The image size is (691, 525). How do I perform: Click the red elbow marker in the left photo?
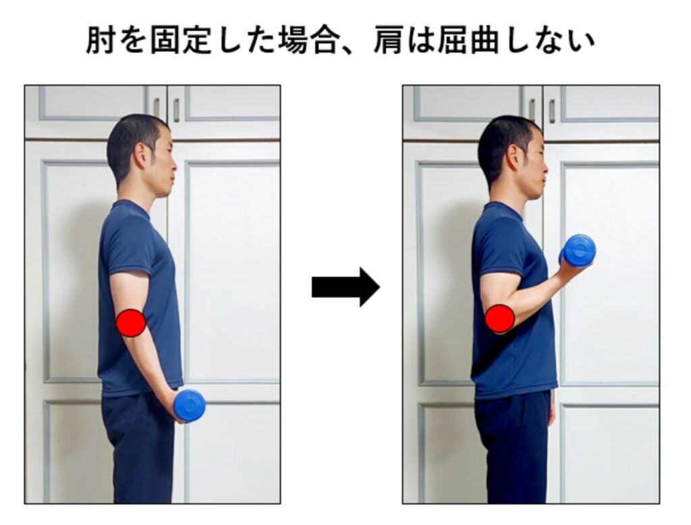[x=131, y=323]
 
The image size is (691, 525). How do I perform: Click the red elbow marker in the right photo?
[x=500, y=318]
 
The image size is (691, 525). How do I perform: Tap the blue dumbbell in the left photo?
[x=190, y=405]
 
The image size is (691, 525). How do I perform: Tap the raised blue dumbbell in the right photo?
[x=578, y=251]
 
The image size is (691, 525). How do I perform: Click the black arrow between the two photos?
[x=346, y=286]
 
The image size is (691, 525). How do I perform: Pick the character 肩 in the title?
[x=388, y=41]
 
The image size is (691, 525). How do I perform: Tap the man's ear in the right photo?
[x=513, y=155]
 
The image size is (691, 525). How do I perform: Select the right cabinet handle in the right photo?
[x=552, y=111]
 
